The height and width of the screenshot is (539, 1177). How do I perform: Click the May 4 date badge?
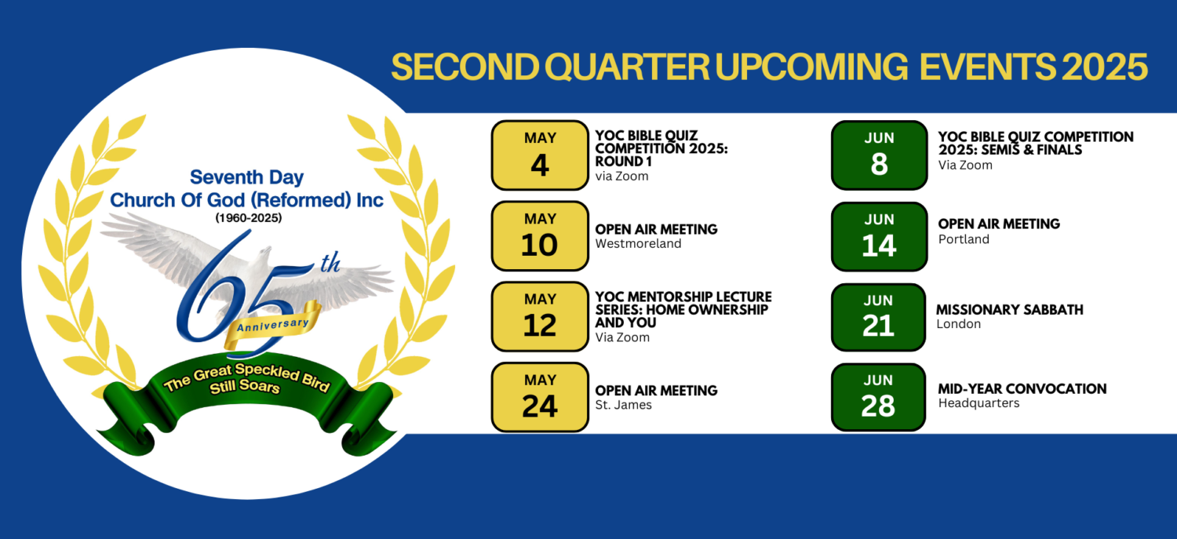point(540,155)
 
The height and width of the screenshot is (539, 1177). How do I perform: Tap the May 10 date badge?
point(540,236)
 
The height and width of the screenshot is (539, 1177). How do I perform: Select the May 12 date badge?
point(540,316)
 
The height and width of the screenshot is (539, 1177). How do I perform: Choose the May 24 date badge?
point(540,397)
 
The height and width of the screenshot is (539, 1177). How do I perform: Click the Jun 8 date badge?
point(879,155)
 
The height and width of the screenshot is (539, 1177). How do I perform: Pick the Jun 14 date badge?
point(879,236)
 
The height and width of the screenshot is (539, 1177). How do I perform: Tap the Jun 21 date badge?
point(878,317)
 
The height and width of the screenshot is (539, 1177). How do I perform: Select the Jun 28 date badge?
point(878,397)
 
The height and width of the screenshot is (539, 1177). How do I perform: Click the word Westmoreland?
point(638,244)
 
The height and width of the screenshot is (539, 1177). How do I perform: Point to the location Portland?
point(964,239)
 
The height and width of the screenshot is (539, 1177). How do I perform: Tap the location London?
point(958,324)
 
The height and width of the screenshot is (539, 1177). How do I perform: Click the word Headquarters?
point(979,403)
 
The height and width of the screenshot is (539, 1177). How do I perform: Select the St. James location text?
point(623,405)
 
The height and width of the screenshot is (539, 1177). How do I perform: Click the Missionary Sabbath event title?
point(1009,310)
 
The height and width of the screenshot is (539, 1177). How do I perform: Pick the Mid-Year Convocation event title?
point(1022,388)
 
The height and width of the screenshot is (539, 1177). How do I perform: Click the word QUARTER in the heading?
point(627,67)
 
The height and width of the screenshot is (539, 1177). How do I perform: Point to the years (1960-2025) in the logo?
point(249,217)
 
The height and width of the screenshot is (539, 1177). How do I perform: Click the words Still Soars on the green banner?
point(244,387)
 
